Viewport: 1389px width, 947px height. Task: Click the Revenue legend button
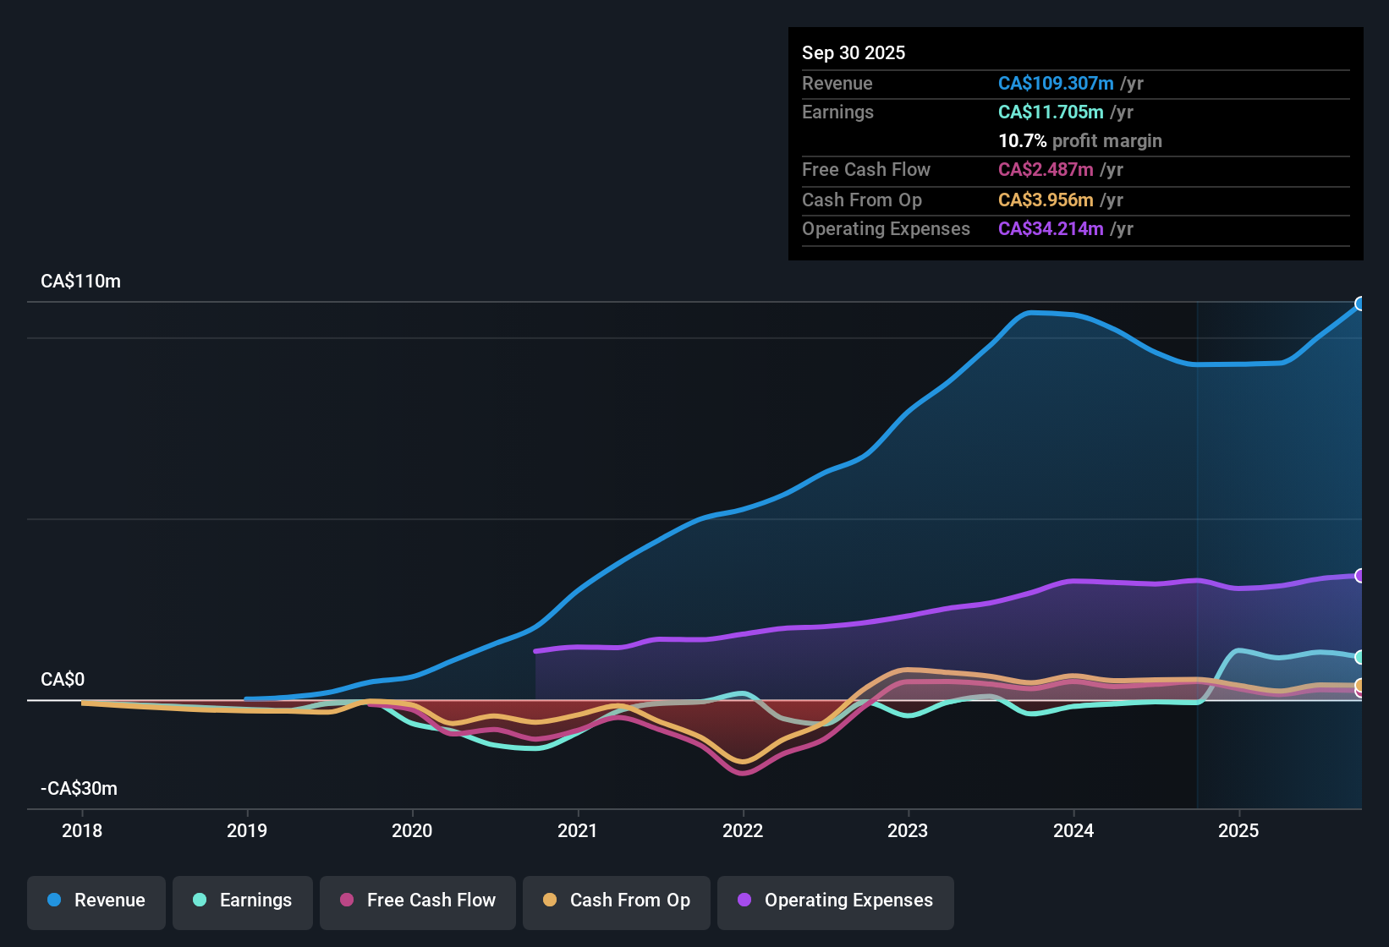coord(96,900)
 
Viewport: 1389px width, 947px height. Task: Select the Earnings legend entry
coord(243,900)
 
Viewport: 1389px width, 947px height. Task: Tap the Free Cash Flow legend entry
coord(418,900)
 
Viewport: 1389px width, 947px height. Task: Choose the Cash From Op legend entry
coord(617,900)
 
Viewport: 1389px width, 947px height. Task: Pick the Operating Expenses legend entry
coord(835,900)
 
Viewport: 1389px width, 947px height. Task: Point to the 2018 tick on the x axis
coord(82,830)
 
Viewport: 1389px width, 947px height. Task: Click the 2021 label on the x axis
coord(578,830)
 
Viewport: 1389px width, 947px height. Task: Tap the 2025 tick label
coord(1238,830)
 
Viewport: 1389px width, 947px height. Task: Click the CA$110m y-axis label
coord(80,282)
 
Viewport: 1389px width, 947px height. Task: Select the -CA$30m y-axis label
coord(79,789)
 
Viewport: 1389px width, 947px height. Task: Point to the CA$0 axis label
coord(63,680)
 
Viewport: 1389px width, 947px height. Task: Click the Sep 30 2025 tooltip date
coord(854,53)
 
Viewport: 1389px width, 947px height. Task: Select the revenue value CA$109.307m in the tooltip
coord(1056,84)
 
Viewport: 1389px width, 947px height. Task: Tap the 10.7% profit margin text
coord(1079,141)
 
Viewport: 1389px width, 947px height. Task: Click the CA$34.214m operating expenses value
coord(1051,229)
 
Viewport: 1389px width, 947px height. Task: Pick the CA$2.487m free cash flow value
coord(1046,170)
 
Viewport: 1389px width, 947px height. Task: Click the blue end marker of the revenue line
coord(1359,304)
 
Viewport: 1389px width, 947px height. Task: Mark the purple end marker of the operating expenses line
coord(1359,576)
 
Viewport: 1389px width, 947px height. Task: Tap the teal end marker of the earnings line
coord(1359,657)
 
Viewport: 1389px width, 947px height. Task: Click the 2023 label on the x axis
coord(908,830)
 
